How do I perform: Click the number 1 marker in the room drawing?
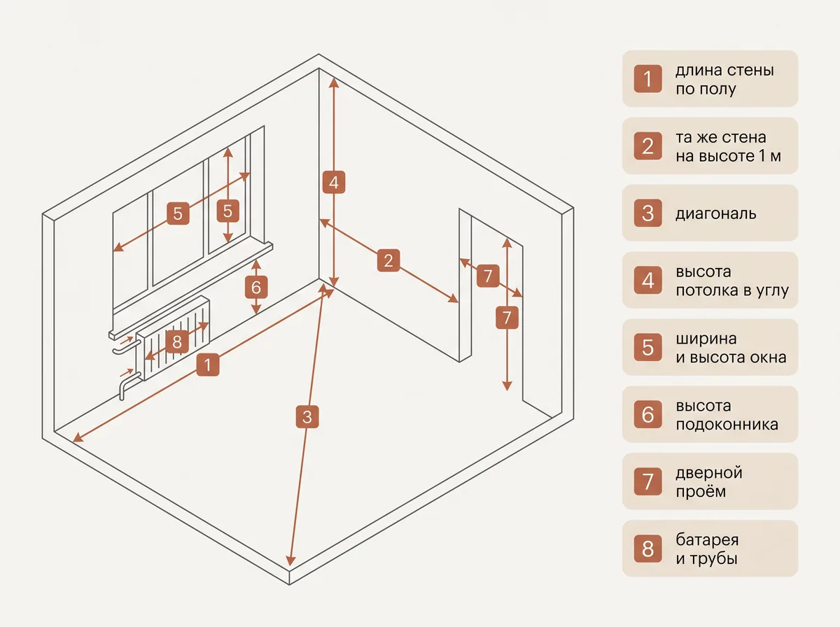coord(208,365)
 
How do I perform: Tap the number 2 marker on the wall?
coord(388,260)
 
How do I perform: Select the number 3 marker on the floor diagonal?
coord(307,416)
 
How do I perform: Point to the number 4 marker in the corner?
coord(334,183)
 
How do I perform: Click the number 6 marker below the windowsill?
coord(256,288)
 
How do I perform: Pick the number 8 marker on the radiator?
coord(177,341)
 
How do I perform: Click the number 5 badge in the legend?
coord(648,347)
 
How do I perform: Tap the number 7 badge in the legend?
coord(648,481)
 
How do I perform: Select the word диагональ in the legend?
coord(715,214)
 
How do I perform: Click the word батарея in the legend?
coord(707,540)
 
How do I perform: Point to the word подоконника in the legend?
coord(727,425)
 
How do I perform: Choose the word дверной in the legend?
coord(709,473)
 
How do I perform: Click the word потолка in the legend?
coord(708,290)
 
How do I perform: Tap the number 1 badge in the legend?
coord(648,79)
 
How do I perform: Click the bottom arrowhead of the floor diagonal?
coord(290,561)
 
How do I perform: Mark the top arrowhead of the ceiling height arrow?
coord(334,83)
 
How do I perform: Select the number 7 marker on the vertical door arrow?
coord(507,318)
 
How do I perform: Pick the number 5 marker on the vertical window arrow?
coord(227,211)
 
